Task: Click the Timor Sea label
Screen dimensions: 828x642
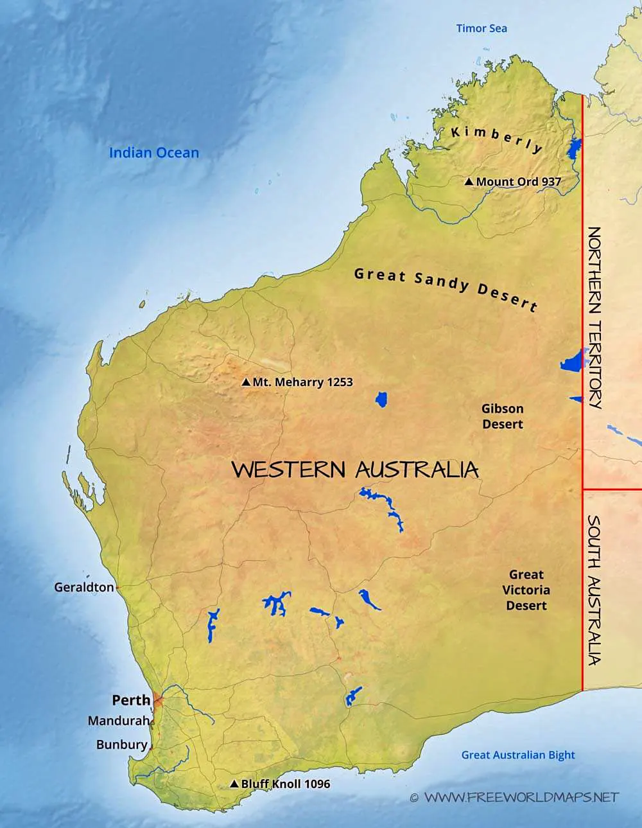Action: (x=481, y=28)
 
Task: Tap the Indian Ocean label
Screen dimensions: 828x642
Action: (x=154, y=153)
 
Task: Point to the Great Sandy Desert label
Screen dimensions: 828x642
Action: (x=446, y=288)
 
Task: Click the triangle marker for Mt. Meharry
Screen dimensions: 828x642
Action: (x=245, y=382)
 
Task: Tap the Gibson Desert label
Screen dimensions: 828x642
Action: (x=503, y=416)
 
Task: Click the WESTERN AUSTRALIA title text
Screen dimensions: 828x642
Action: (x=355, y=470)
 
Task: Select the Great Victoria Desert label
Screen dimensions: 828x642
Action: (x=526, y=590)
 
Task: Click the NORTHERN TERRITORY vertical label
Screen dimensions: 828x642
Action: (x=595, y=317)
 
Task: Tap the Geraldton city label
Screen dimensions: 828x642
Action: (x=84, y=587)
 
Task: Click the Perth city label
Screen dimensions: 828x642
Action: (x=131, y=700)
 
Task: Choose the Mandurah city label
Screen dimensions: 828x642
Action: (x=118, y=721)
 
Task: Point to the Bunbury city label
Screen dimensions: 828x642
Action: (x=122, y=744)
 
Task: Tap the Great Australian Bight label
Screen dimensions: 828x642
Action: (x=518, y=755)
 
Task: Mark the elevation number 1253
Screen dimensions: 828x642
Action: (x=340, y=382)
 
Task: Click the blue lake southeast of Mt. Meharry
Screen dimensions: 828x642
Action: (x=381, y=400)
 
